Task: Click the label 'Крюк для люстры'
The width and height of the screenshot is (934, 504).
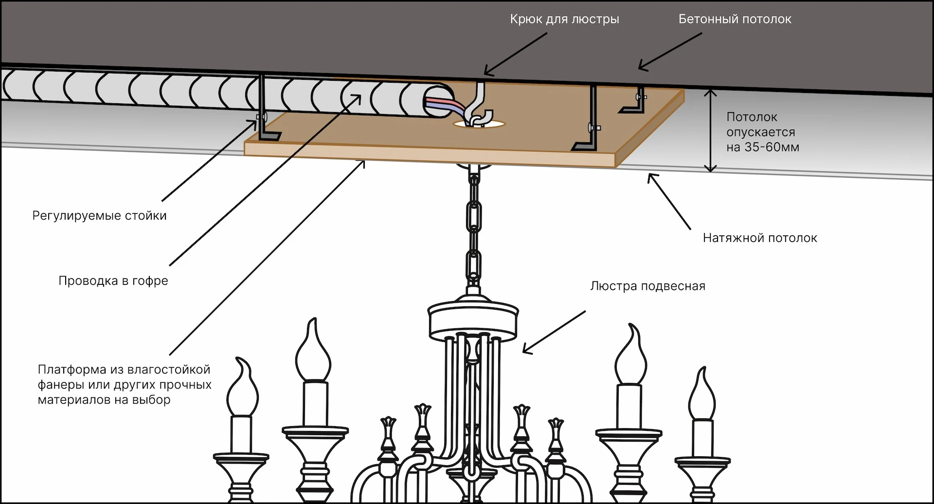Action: (564, 19)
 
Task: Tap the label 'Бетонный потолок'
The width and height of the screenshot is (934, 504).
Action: (735, 19)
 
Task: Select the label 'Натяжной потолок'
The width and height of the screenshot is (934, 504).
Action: (759, 238)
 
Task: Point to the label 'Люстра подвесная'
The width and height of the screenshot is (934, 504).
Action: (647, 286)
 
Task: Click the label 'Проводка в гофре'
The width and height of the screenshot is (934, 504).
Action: (113, 281)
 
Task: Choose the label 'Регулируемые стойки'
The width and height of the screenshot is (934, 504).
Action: (99, 216)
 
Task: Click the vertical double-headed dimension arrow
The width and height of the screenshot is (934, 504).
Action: (711, 131)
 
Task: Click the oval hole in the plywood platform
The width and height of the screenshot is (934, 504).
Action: (479, 125)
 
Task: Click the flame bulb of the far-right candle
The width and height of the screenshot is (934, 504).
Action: (701, 395)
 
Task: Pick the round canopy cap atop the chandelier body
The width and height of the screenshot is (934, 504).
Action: (472, 317)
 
